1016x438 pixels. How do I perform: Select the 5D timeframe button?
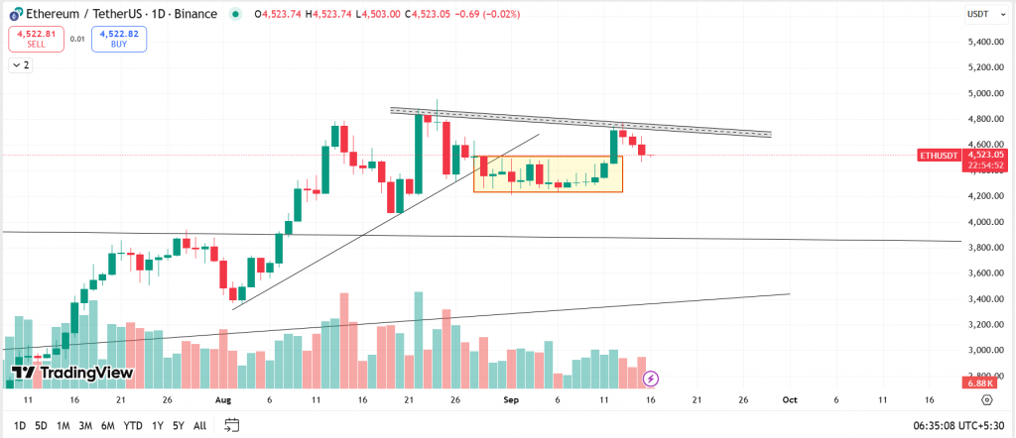41,425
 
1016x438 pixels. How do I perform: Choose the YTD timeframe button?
132,425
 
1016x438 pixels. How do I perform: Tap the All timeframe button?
199,425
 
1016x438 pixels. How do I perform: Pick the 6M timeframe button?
108,425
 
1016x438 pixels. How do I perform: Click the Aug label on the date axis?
222,399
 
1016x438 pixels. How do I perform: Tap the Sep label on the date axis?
511,399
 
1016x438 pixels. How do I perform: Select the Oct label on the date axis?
790,399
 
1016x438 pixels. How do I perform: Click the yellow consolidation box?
548,174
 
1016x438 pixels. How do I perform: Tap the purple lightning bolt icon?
651,378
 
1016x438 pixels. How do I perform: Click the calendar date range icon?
232,425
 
